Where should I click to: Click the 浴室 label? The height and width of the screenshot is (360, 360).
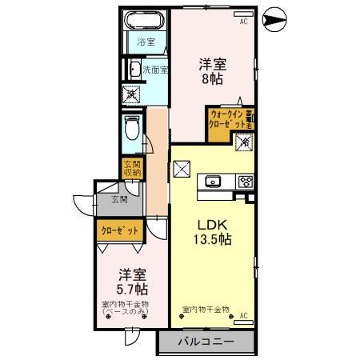(x=146, y=42)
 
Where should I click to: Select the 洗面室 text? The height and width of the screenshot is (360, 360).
(x=154, y=70)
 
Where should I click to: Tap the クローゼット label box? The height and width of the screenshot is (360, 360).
(x=120, y=230)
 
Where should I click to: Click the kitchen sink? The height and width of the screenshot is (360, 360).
(x=214, y=182)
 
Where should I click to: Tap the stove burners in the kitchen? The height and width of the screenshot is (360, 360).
(x=244, y=182)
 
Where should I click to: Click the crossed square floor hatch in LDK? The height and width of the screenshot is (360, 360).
(x=181, y=170)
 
